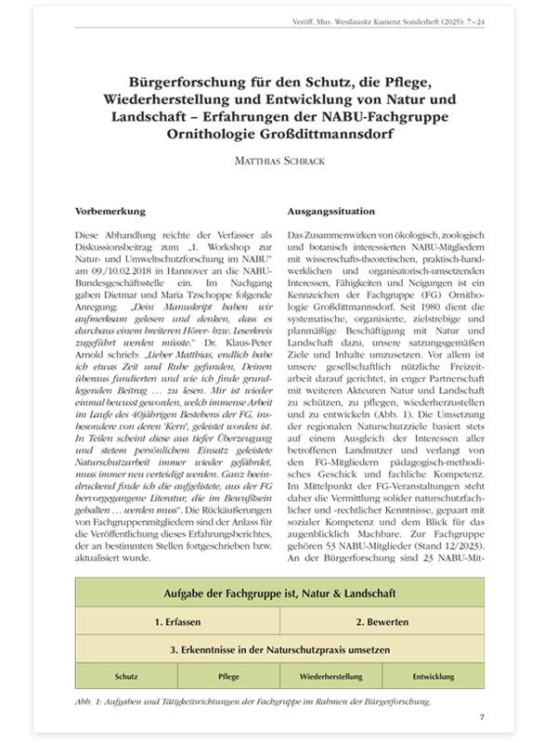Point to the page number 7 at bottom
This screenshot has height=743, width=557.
pos(482,716)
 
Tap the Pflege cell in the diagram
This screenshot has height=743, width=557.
pos(227,676)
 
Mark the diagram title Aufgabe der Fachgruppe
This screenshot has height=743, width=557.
pos(278,592)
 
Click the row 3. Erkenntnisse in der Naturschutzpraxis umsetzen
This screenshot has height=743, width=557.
pos(278,647)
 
